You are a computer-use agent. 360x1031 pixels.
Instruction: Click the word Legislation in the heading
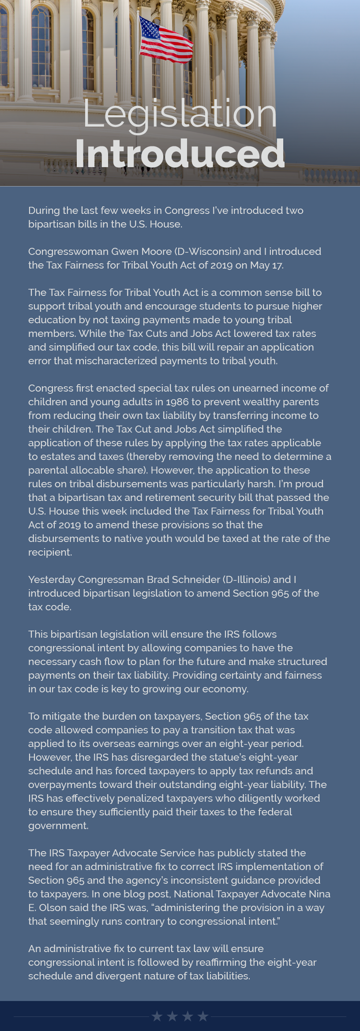coord(180,114)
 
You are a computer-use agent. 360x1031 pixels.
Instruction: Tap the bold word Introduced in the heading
coord(180,153)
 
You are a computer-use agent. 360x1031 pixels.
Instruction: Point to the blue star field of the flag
coord(149,27)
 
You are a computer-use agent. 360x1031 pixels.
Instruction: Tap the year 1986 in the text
coord(176,402)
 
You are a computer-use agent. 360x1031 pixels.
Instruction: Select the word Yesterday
coord(52,579)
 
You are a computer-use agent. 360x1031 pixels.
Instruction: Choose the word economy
coord(227,689)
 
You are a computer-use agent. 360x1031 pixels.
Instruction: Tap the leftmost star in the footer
coord(157,1016)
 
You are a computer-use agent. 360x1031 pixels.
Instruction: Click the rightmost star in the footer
coord(203,1016)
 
